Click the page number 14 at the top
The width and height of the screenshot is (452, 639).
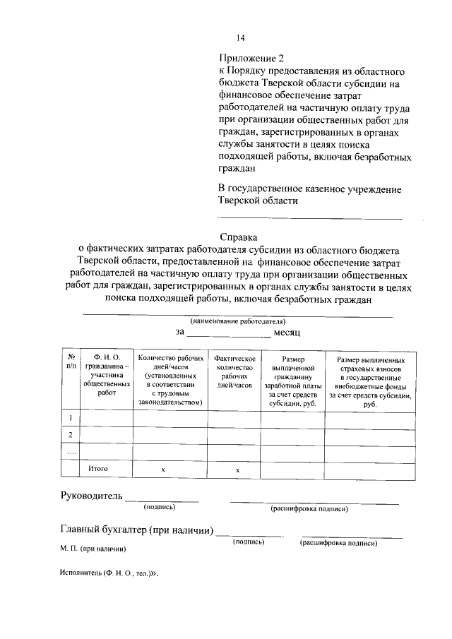pyautogui.click(x=240, y=37)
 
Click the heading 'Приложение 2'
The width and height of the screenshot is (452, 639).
pyautogui.click(x=251, y=59)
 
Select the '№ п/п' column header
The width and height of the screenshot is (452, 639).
pyautogui.click(x=71, y=362)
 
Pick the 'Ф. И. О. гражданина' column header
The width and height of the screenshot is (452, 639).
pyautogui.click(x=106, y=377)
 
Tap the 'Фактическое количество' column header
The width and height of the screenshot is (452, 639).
pyautogui.click(x=234, y=372)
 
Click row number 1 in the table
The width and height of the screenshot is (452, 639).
pyautogui.click(x=71, y=419)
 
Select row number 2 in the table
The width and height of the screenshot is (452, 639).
pyautogui.click(x=71, y=434)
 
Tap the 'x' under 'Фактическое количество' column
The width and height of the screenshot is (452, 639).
pyautogui.click(x=237, y=470)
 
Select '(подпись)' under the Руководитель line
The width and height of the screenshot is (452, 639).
pyautogui.click(x=159, y=507)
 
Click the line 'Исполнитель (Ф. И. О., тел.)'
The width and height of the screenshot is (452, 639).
pyautogui.click(x=107, y=575)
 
